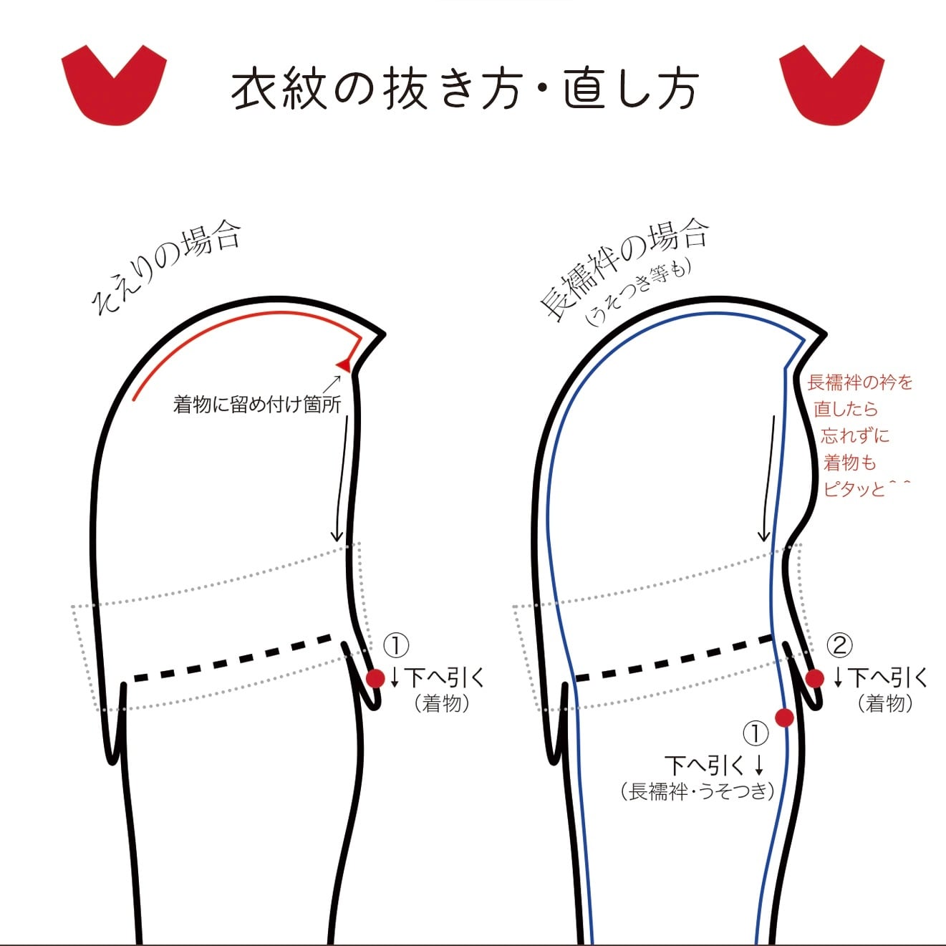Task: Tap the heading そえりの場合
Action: tap(167, 268)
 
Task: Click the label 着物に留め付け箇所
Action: tap(257, 404)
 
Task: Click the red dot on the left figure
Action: tap(375, 678)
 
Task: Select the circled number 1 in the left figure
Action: tap(396, 645)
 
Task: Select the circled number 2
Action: tap(839, 645)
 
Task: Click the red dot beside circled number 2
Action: tap(814, 678)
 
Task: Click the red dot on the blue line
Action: tap(785, 717)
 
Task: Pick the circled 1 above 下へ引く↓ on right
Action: tap(756, 733)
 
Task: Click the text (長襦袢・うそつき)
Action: tap(698, 791)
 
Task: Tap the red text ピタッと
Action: tap(854, 489)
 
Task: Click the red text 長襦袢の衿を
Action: tap(860, 382)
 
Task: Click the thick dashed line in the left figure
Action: tap(233, 657)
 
